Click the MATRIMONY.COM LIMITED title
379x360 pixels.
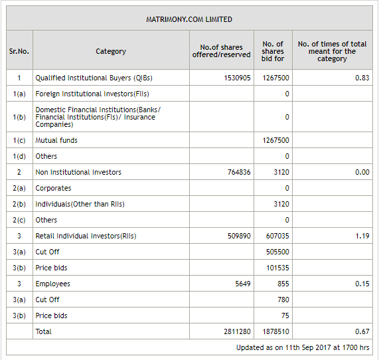click(189, 20)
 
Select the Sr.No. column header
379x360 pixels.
click(19, 51)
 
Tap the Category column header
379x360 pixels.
click(111, 51)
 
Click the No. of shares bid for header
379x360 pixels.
click(273, 51)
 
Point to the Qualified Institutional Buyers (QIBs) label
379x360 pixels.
click(84, 78)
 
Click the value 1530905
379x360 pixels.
click(237, 78)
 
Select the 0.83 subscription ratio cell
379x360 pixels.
click(362, 78)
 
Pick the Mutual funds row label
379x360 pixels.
click(56, 140)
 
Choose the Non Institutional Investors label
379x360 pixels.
click(78, 172)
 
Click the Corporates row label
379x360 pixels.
click(53, 188)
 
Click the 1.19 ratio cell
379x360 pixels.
click(362, 236)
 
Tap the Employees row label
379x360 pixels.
click(52, 284)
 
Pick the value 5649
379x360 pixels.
click(243, 284)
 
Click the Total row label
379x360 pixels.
click(43, 331)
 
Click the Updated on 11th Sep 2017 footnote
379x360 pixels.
click(303, 347)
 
